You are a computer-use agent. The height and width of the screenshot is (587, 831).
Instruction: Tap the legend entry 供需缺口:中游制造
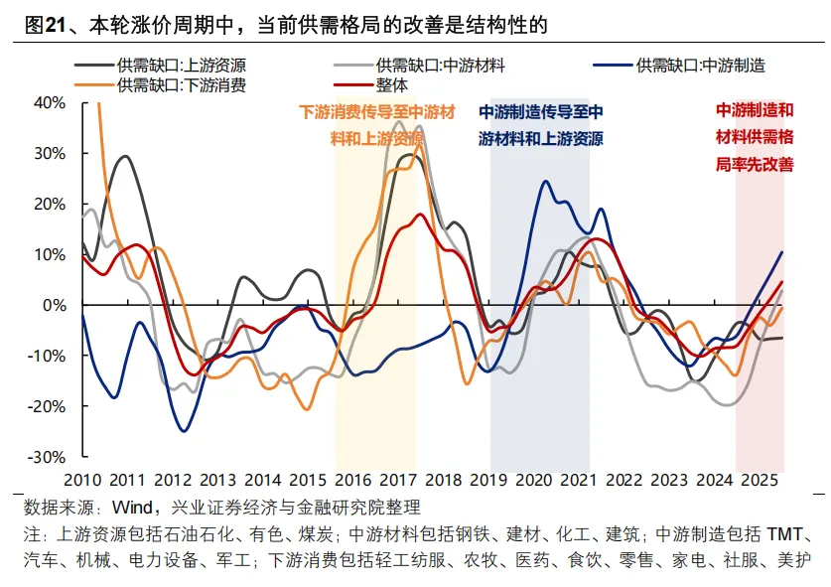click(x=700, y=66)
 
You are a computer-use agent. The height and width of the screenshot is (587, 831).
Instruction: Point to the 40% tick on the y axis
click(x=50, y=102)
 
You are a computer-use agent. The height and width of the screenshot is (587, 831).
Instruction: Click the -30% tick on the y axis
click(x=48, y=457)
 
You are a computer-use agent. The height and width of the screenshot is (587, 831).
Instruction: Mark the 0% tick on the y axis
click(x=54, y=305)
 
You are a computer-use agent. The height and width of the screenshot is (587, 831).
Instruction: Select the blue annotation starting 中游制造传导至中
click(x=540, y=112)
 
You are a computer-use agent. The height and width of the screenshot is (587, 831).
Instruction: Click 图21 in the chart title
click(x=42, y=24)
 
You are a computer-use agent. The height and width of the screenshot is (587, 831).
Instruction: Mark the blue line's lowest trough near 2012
click(x=184, y=430)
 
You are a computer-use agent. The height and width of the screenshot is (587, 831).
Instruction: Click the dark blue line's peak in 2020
click(x=544, y=181)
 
